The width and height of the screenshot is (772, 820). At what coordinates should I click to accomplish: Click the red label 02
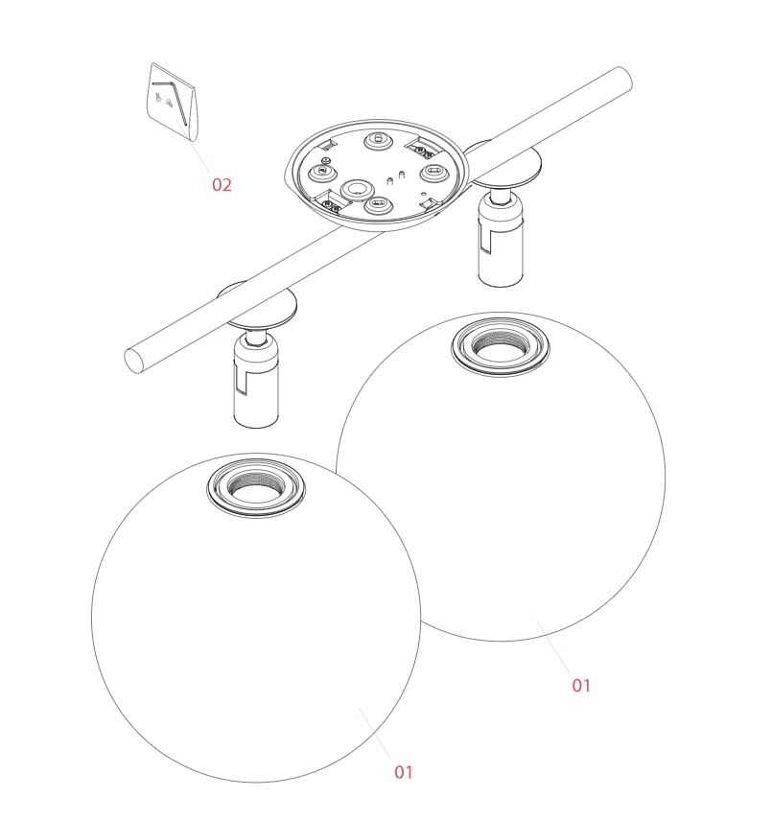[222, 184]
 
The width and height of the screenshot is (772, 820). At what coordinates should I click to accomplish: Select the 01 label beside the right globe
[581, 685]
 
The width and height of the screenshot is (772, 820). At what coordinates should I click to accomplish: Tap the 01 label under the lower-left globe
[403, 772]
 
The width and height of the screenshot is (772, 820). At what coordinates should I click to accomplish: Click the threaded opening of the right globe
[500, 345]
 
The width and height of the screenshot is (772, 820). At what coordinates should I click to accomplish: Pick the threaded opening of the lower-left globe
[256, 488]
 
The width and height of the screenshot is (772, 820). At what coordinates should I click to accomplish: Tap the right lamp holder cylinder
[501, 244]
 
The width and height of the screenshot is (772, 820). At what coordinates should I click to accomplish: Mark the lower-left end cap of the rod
[134, 361]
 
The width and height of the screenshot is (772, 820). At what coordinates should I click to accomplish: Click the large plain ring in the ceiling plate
[357, 189]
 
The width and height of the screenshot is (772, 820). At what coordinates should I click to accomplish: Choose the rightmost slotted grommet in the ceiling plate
[434, 172]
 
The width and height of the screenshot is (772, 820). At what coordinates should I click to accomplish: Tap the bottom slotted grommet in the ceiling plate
[378, 204]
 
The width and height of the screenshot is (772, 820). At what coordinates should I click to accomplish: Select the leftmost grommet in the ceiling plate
[323, 172]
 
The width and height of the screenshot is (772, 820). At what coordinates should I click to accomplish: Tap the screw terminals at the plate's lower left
[331, 204]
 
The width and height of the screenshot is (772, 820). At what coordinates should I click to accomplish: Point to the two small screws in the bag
[163, 99]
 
